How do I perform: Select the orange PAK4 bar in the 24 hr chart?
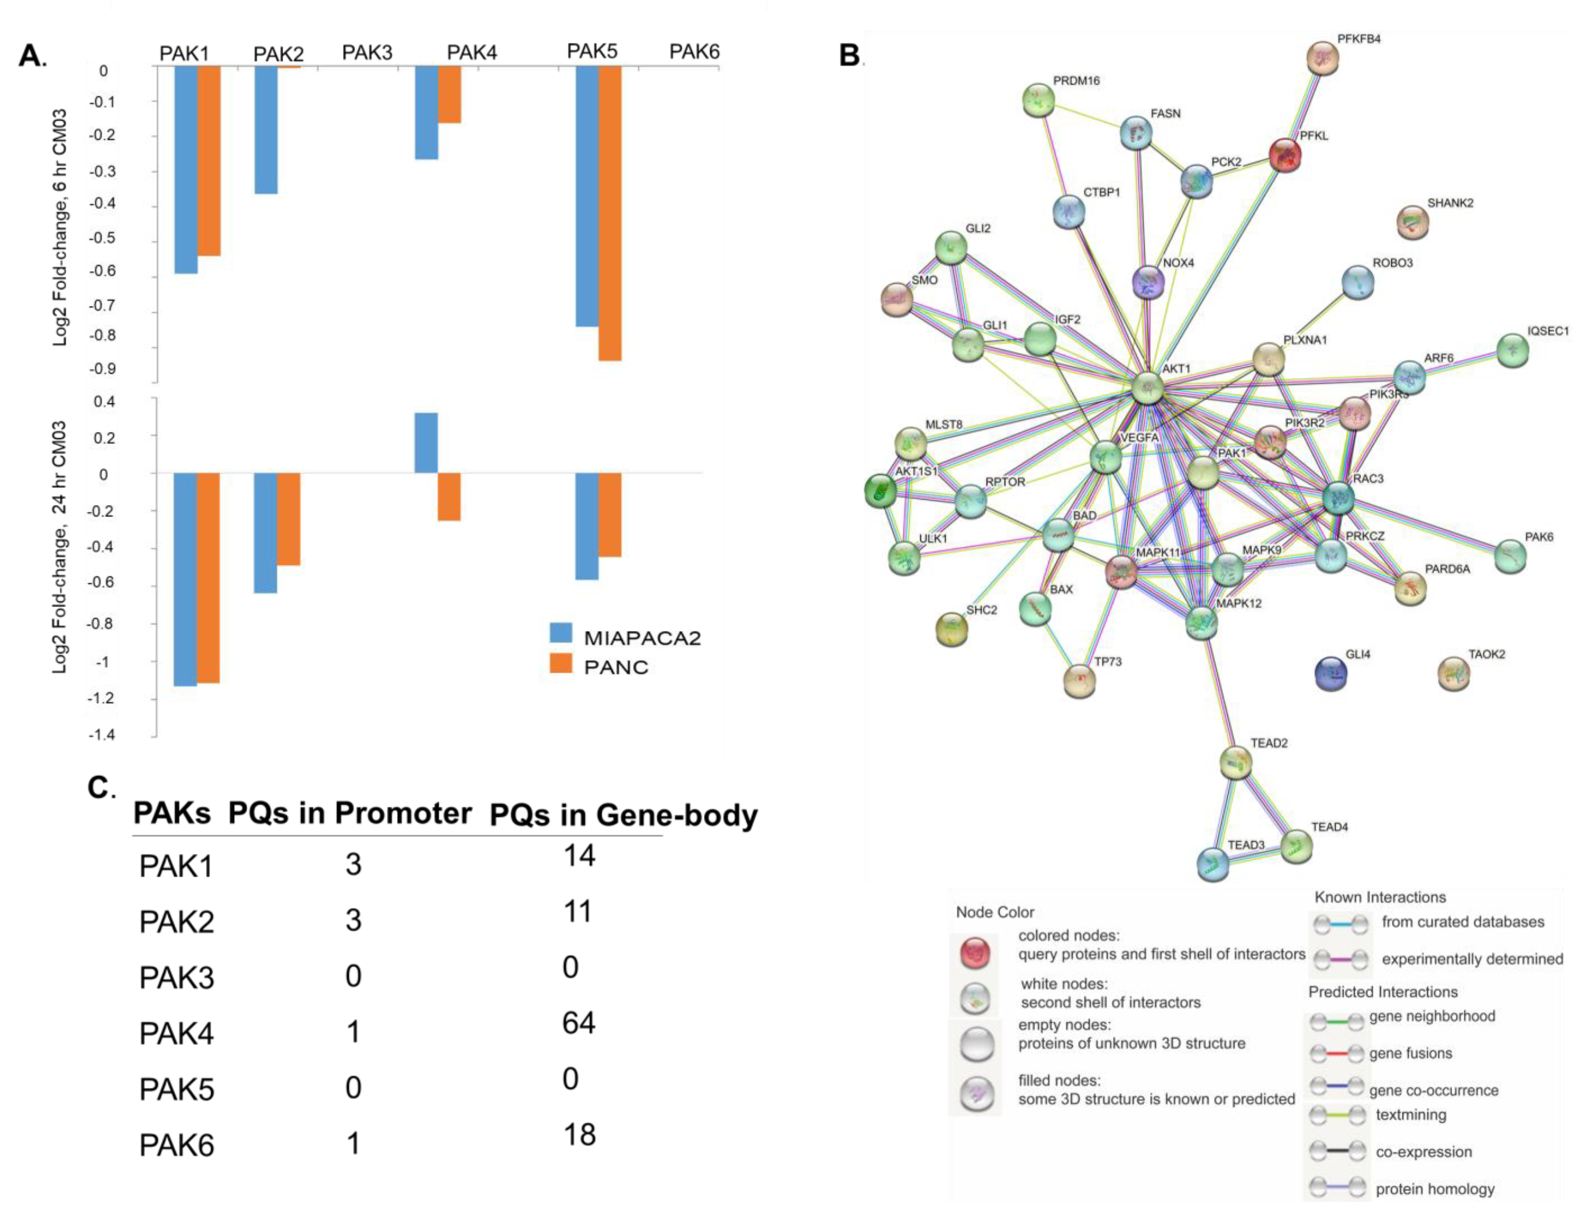coord(449,496)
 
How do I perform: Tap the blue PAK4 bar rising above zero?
coord(425,442)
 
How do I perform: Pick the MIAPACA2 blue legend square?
coord(560,633)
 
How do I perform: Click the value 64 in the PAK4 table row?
coord(579,1023)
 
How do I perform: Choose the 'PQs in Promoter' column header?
coord(350,813)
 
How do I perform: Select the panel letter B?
coord(850,55)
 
